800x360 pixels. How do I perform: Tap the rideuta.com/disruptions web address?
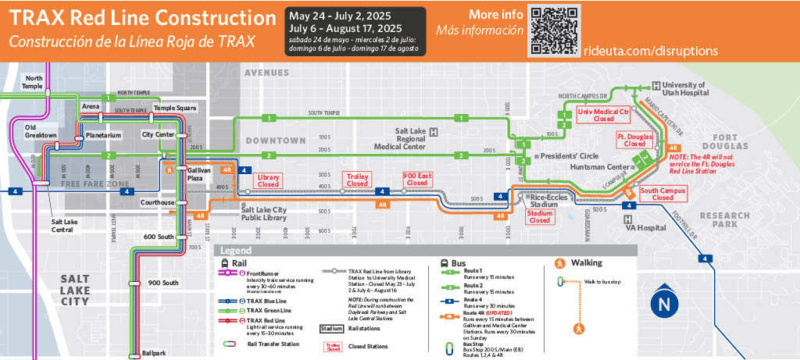tap(650, 51)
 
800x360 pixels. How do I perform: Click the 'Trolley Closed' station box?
tap(357, 180)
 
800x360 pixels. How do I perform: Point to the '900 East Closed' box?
tap(417, 180)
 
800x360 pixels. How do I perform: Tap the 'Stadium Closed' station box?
tap(539, 216)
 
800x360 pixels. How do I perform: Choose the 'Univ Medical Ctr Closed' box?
tap(603, 116)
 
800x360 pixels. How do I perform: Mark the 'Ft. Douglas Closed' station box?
tap(634, 141)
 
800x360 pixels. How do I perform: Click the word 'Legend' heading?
tap(236, 251)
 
